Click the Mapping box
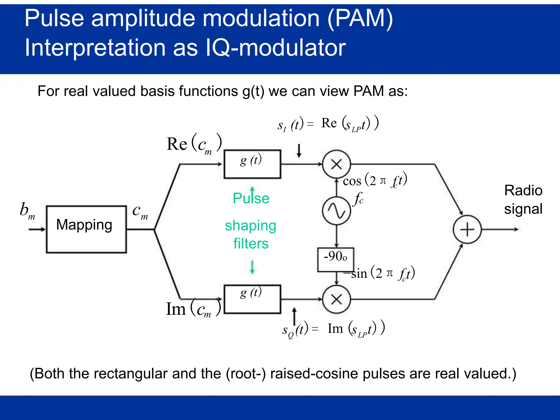pyautogui.click(x=86, y=229)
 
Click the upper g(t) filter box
pyautogui.click(x=252, y=164)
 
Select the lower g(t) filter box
pyautogui.click(x=252, y=299)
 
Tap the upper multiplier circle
pyautogui.click(x=336, y=164)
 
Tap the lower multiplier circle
pyautogui.click(x=336, y=299)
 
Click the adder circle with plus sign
pyautogui.click(x=467, y=229)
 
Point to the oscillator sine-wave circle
pyautogui.click(x=336, y=211)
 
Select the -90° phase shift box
pyautogui.click(x=336, y=259)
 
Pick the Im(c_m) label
pyautogui.click(x=193, y=309)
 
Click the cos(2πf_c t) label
pyautogui.click(x=375, y=180)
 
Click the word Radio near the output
pyautogui.click(x=523, y=190)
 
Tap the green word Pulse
pyautogui.click(x=251, y=198)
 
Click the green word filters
pyautogui.click(x=251, y=243)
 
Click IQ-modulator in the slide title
pyautogui.click(x=275, y=48)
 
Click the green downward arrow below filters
pyautogui.click(x=252, y=267)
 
